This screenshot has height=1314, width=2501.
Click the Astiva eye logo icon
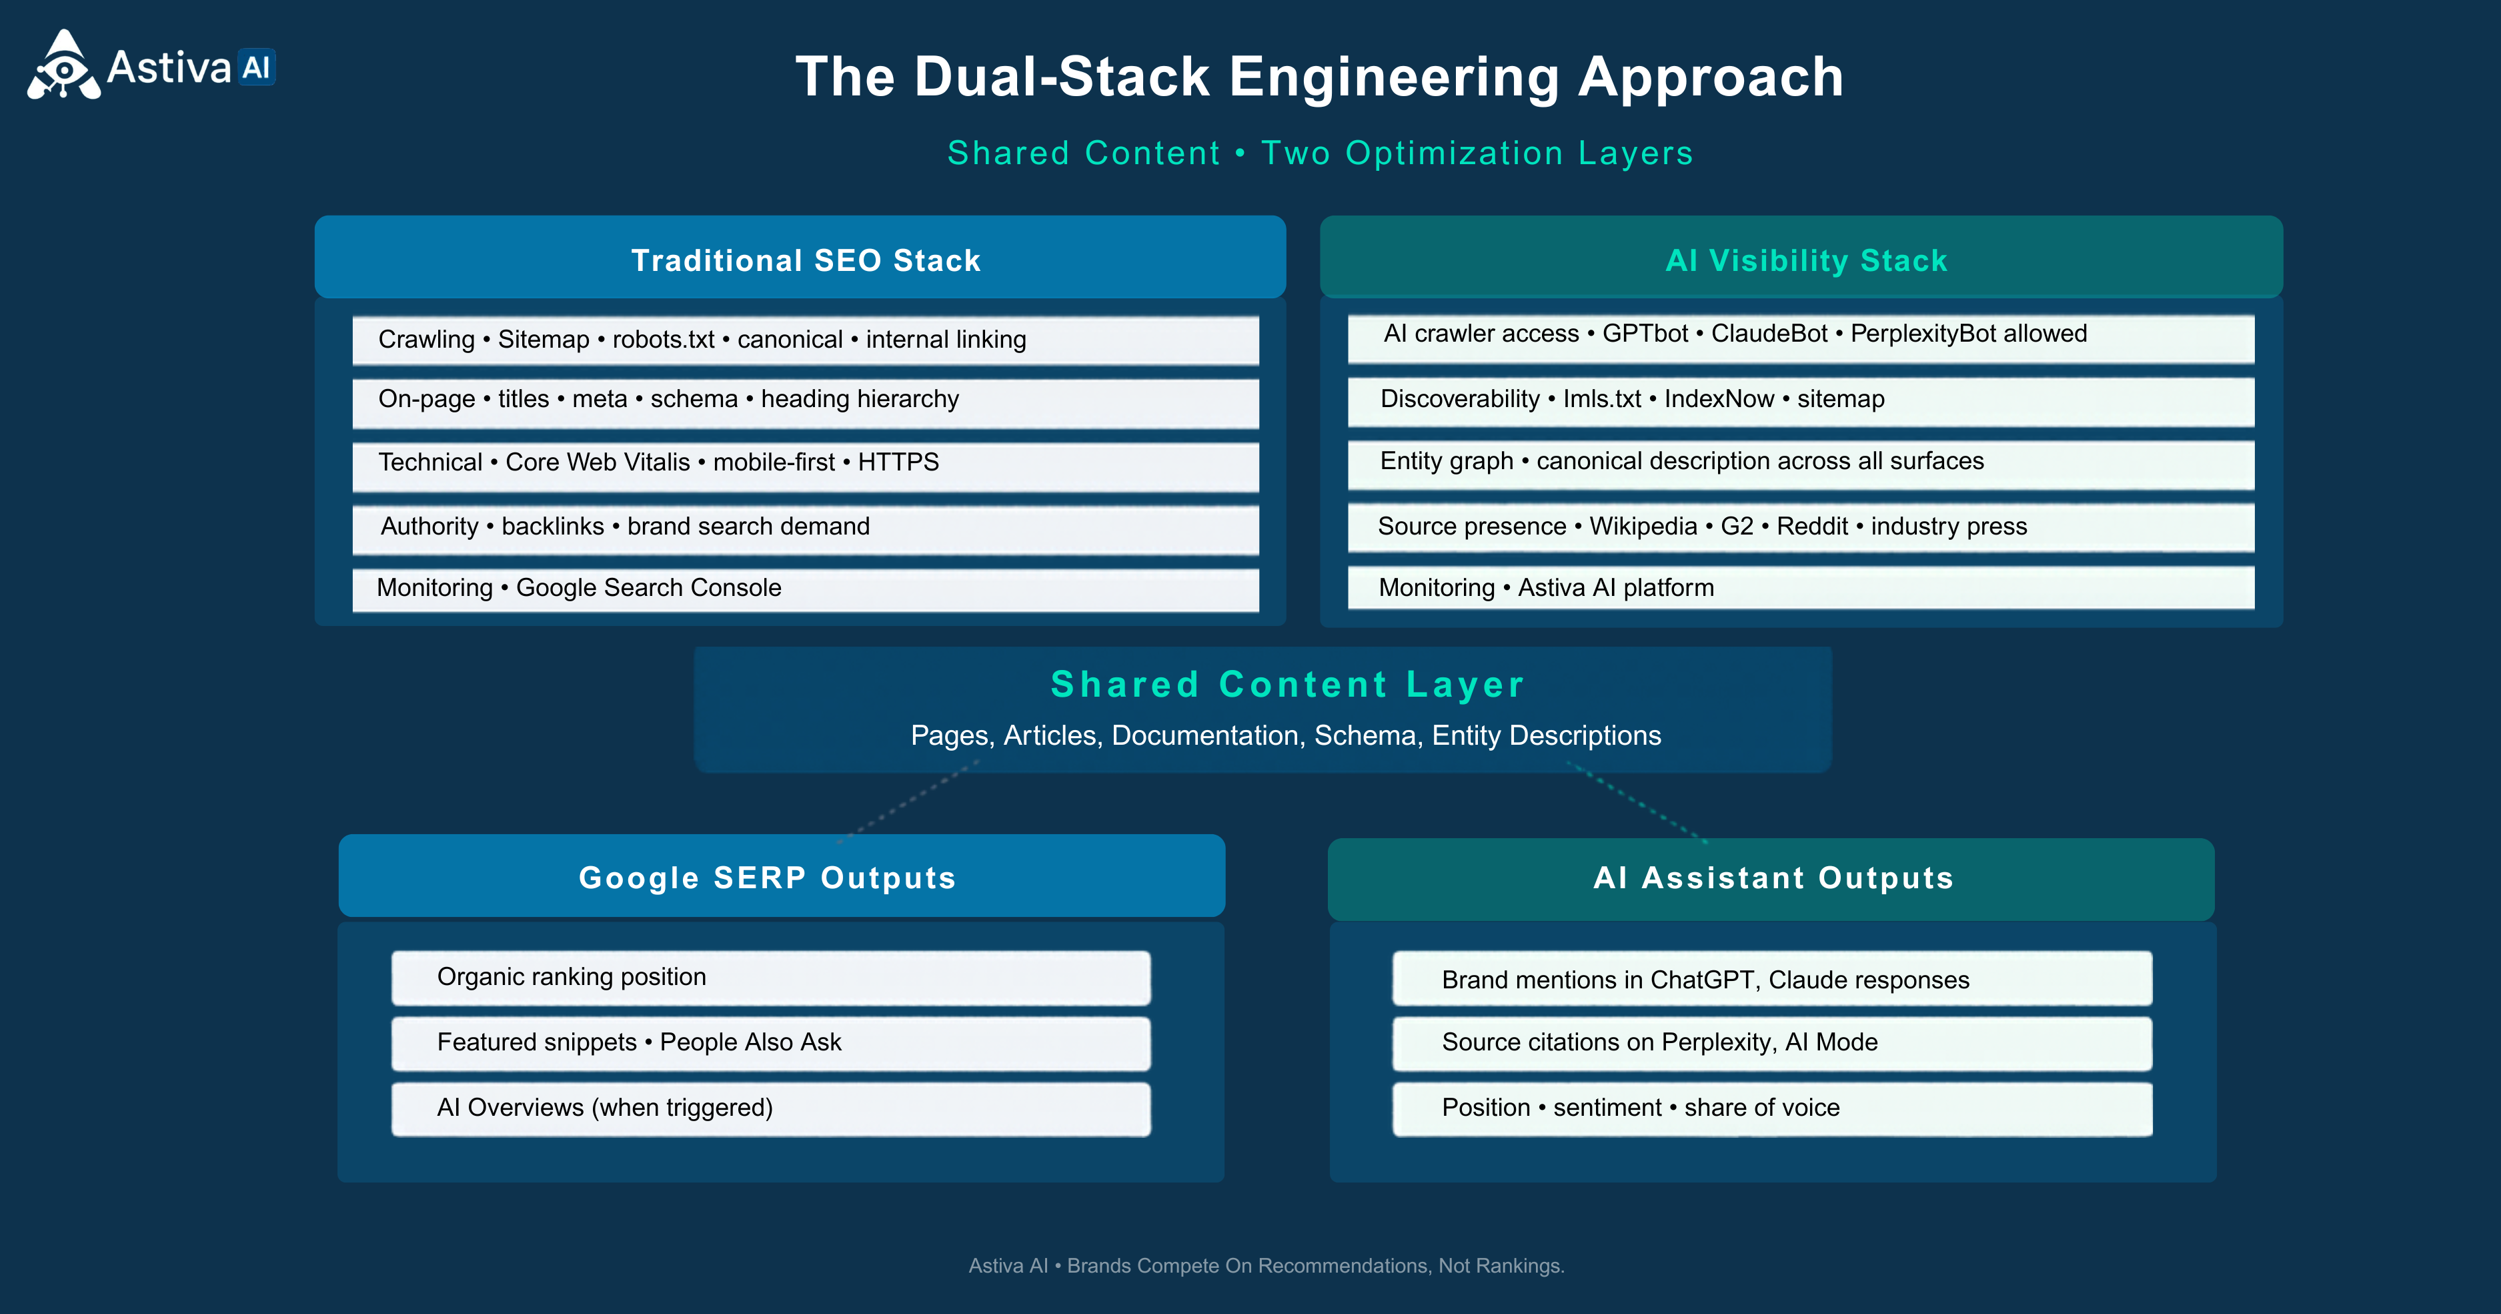pos(64,65)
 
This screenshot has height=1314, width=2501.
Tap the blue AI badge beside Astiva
pos(256,67)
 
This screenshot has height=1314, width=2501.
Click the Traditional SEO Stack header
pos(800,258)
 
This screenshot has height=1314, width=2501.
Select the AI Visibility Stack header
pos(1801,258)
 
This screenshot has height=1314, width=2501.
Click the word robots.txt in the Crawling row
pos(663,339)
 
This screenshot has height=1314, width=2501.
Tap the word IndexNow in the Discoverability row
pos(1719,398)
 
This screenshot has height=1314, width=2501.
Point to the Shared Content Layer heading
pos(1287,684)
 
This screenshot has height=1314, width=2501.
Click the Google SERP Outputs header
pos(782,876)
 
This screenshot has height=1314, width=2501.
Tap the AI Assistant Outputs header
pos(1771,879)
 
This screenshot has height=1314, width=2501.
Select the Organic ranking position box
pos(771,978)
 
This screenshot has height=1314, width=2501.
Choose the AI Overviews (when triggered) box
pos(771,1109)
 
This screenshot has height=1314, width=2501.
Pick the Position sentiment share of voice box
pos(1772,1109)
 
